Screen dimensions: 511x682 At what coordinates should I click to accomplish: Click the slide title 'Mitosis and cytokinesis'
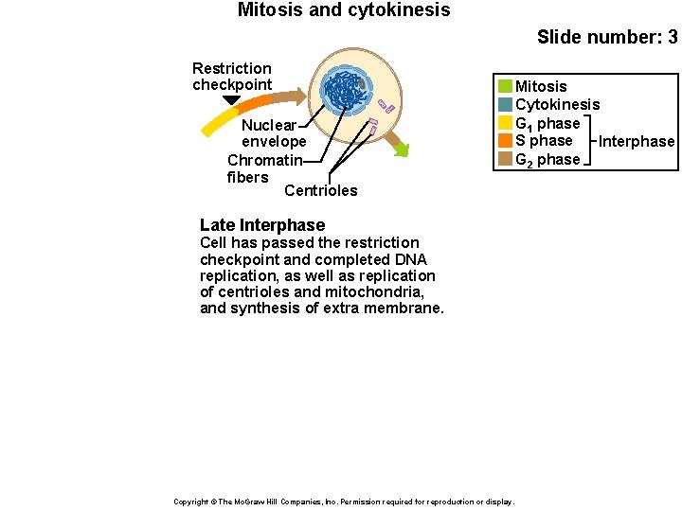click(x=344, y=10)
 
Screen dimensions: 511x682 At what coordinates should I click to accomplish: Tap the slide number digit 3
click(x=672, y=38)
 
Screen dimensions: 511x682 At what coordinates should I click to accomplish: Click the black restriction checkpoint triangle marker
click(x=231, y=99)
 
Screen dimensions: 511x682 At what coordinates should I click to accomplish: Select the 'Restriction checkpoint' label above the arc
click(x=232, y=77)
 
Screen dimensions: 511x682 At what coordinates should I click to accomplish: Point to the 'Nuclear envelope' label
click(x=274, y=133)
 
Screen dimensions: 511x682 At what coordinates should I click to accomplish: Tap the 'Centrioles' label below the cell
click(x=320, y=191)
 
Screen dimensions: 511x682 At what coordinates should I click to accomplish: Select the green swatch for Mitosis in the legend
click(x=505, y=87)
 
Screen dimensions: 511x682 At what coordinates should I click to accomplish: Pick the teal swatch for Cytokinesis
click(x=505, y=105)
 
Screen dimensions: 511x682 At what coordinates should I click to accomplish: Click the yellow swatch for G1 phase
click(x=505, y=123)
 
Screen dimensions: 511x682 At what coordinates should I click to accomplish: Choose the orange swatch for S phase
click(x=505, y=141)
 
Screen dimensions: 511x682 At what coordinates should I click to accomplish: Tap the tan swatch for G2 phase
click(x=505, y=159)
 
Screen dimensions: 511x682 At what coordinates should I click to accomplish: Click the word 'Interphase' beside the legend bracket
click(x=637, y=142)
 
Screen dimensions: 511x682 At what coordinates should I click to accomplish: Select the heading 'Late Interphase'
click(x=262, y=225)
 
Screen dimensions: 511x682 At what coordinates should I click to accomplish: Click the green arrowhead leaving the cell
click(x=402, y=149)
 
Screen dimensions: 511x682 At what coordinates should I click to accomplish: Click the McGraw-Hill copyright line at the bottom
click(x=344, y=502)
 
